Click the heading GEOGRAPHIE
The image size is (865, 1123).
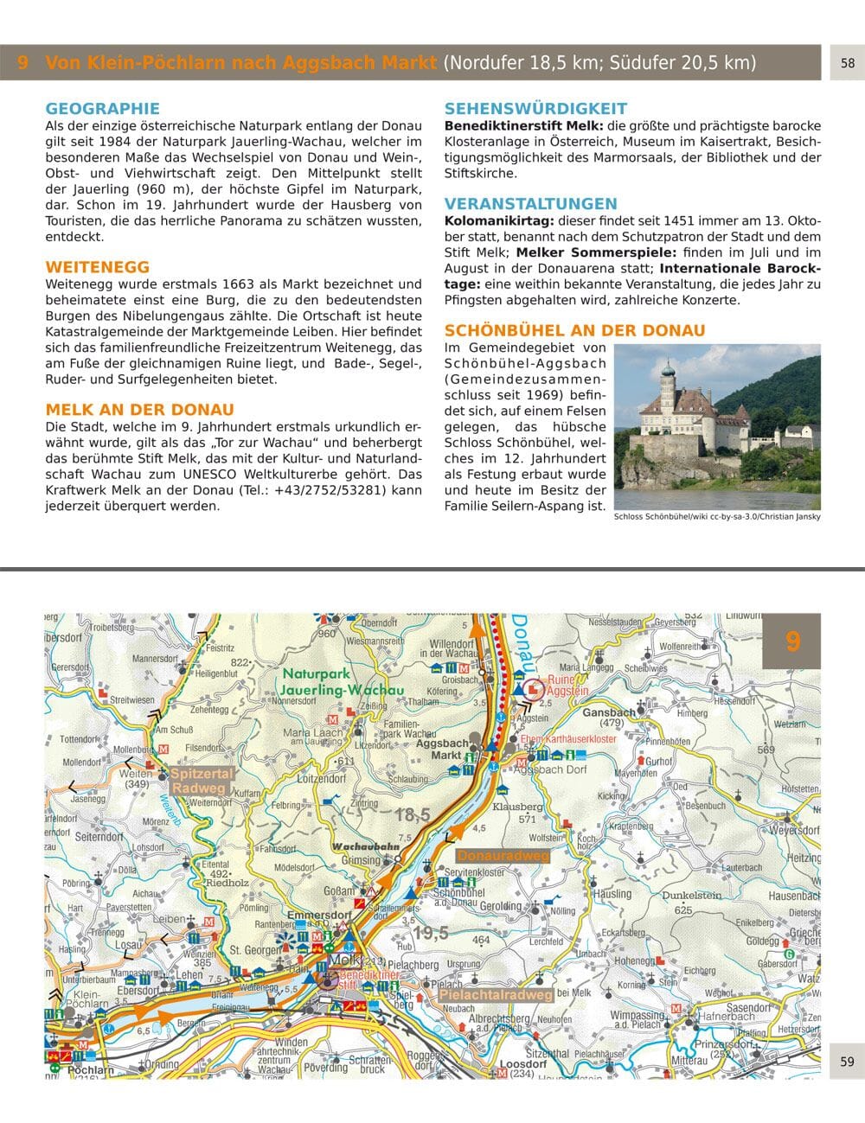[x=102, y=109]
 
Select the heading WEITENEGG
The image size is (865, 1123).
[x=97, y=267]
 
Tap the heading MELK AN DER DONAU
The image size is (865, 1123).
[x=139, y=410]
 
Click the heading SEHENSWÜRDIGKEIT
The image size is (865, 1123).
[x=535, y=109]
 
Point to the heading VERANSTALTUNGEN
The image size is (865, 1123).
[x=530, y=204]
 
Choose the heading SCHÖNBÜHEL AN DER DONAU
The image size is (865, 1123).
[x=574, y=330]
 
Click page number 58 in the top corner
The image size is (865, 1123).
[x=847, y=63]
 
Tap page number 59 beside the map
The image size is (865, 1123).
[x=847, y=1062]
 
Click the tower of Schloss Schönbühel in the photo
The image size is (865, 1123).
[x=667, y=381]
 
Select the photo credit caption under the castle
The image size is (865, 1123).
[x=716, y=517]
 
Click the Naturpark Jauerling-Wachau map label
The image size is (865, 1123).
[x=330, y=682]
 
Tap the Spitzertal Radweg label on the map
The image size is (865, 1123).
[x=201, y=781]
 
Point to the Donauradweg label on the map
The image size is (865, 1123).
[x=503, y=856]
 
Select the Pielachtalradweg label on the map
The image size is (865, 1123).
[x=495, y=995]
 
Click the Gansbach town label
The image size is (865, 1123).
[x=609, y=713]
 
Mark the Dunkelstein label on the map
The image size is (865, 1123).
[x=691, y=896]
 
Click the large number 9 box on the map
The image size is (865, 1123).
[x=791, y=641]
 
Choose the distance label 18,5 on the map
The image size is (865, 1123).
[x=412, y=814]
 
